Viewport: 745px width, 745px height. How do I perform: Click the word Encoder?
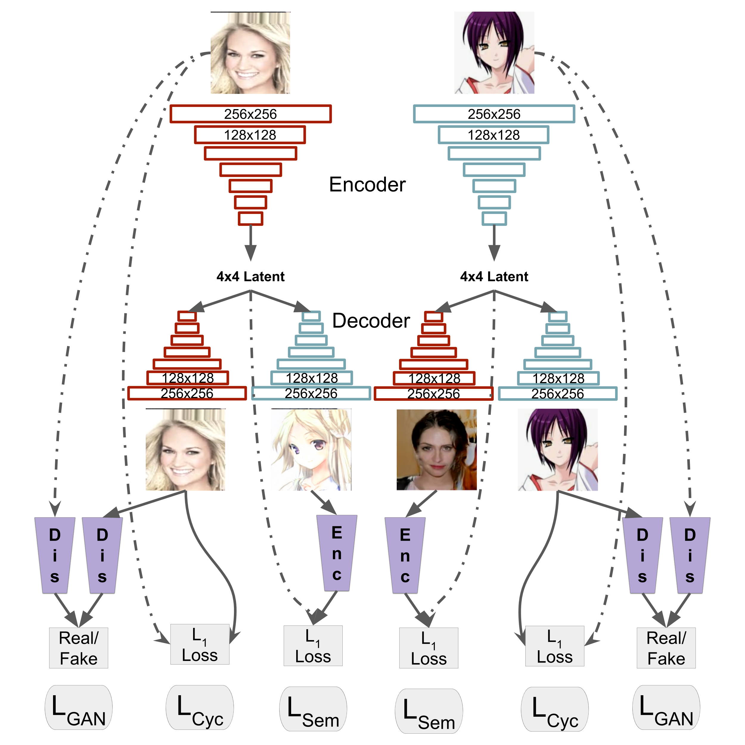pos(367,185)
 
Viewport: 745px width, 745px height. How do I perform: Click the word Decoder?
pos(371,321)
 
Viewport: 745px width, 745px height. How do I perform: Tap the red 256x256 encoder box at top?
pos(251,114)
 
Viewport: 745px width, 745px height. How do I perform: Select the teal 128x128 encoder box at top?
pos(493,135)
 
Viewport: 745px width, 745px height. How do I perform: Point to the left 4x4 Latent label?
pos(251,277)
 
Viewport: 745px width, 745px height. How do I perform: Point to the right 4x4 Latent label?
pos(494,277)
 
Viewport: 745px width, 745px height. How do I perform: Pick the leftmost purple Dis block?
pos(55,555)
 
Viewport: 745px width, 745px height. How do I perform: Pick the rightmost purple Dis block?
pos(690,555)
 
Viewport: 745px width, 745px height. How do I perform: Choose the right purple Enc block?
pos(405,555)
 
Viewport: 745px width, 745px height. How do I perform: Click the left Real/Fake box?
pos(79,648)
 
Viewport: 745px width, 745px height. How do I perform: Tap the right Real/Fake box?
pos(666,648)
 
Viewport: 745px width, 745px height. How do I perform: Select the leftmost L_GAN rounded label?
pos(79,707)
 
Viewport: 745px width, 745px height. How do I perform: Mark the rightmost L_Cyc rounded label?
pos(555,709)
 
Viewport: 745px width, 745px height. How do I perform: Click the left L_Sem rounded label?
pos(313,709)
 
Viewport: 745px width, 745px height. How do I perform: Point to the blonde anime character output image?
pos(311,450)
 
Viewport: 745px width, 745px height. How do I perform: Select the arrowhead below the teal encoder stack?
pos(494,253)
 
